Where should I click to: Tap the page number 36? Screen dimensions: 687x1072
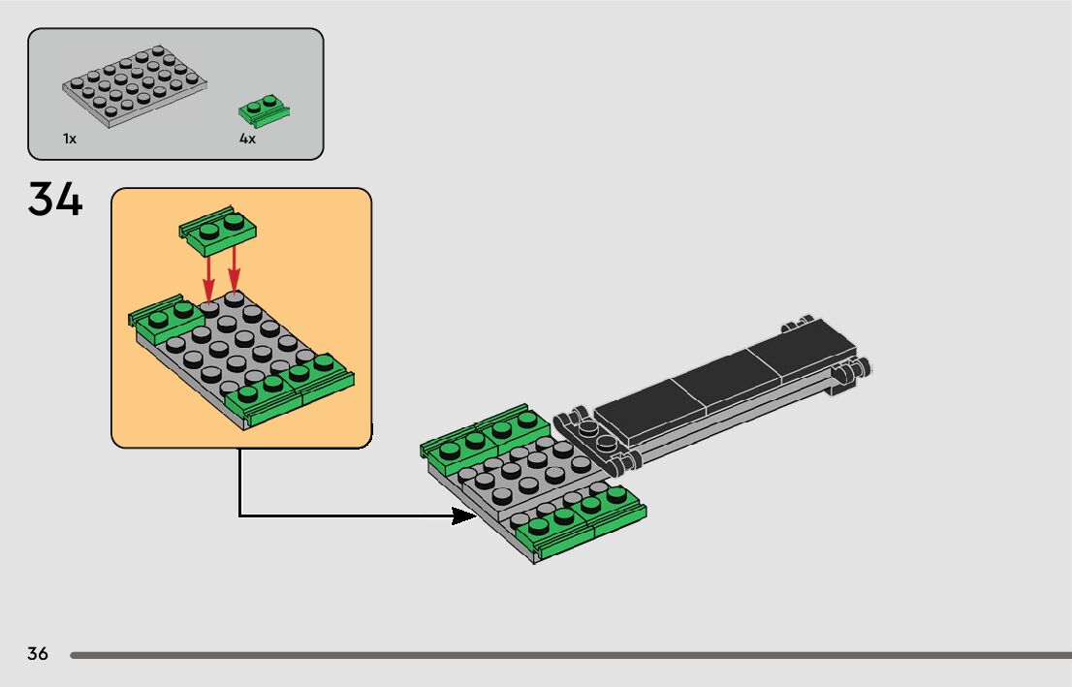(x=38, y=654)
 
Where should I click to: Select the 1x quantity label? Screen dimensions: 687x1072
(x=70, y=140)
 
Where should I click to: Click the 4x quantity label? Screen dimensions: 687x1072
(x=247, y=140)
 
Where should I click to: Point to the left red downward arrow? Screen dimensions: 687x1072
(x=208, y=276)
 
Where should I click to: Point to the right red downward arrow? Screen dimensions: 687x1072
(x=234, y=271)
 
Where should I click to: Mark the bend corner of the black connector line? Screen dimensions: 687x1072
(x=240, y=515)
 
